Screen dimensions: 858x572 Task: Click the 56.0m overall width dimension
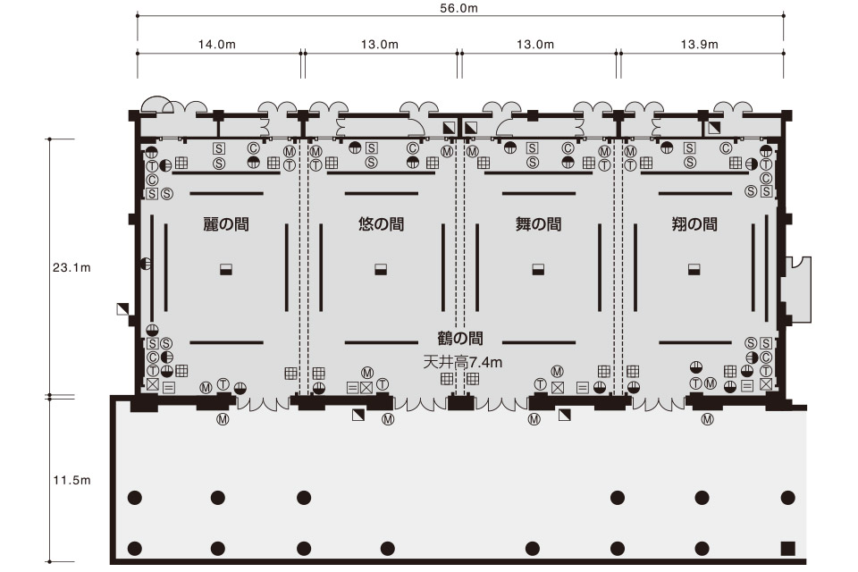point(458,8)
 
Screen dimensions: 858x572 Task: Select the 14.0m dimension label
point(216,45)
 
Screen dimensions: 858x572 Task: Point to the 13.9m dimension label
point(699,45)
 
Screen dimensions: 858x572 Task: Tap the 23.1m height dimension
point(71,267)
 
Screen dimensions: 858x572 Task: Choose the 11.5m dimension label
point(71,480)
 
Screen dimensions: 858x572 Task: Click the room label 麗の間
point(226,223)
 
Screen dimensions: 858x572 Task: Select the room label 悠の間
point(382,223)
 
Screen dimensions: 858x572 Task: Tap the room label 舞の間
point(538,223)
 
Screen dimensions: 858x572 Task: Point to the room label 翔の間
point(694,223)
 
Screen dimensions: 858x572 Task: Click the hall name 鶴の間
point(460,338)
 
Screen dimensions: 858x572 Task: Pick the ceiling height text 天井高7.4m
point(463,362)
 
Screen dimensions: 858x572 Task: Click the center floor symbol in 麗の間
point(226,269)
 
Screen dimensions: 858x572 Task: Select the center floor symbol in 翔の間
point(694,269)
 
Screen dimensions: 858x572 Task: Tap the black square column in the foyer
point(787,548)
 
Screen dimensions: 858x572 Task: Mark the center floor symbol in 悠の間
point(382,269)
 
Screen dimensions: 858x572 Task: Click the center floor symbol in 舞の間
point(538,269)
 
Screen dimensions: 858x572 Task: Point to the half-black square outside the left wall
point(123,309)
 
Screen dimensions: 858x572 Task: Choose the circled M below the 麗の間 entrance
point(223,420)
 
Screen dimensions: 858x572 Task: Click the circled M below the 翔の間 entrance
point(708,420)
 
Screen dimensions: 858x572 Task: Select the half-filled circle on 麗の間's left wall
point(146,264)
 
